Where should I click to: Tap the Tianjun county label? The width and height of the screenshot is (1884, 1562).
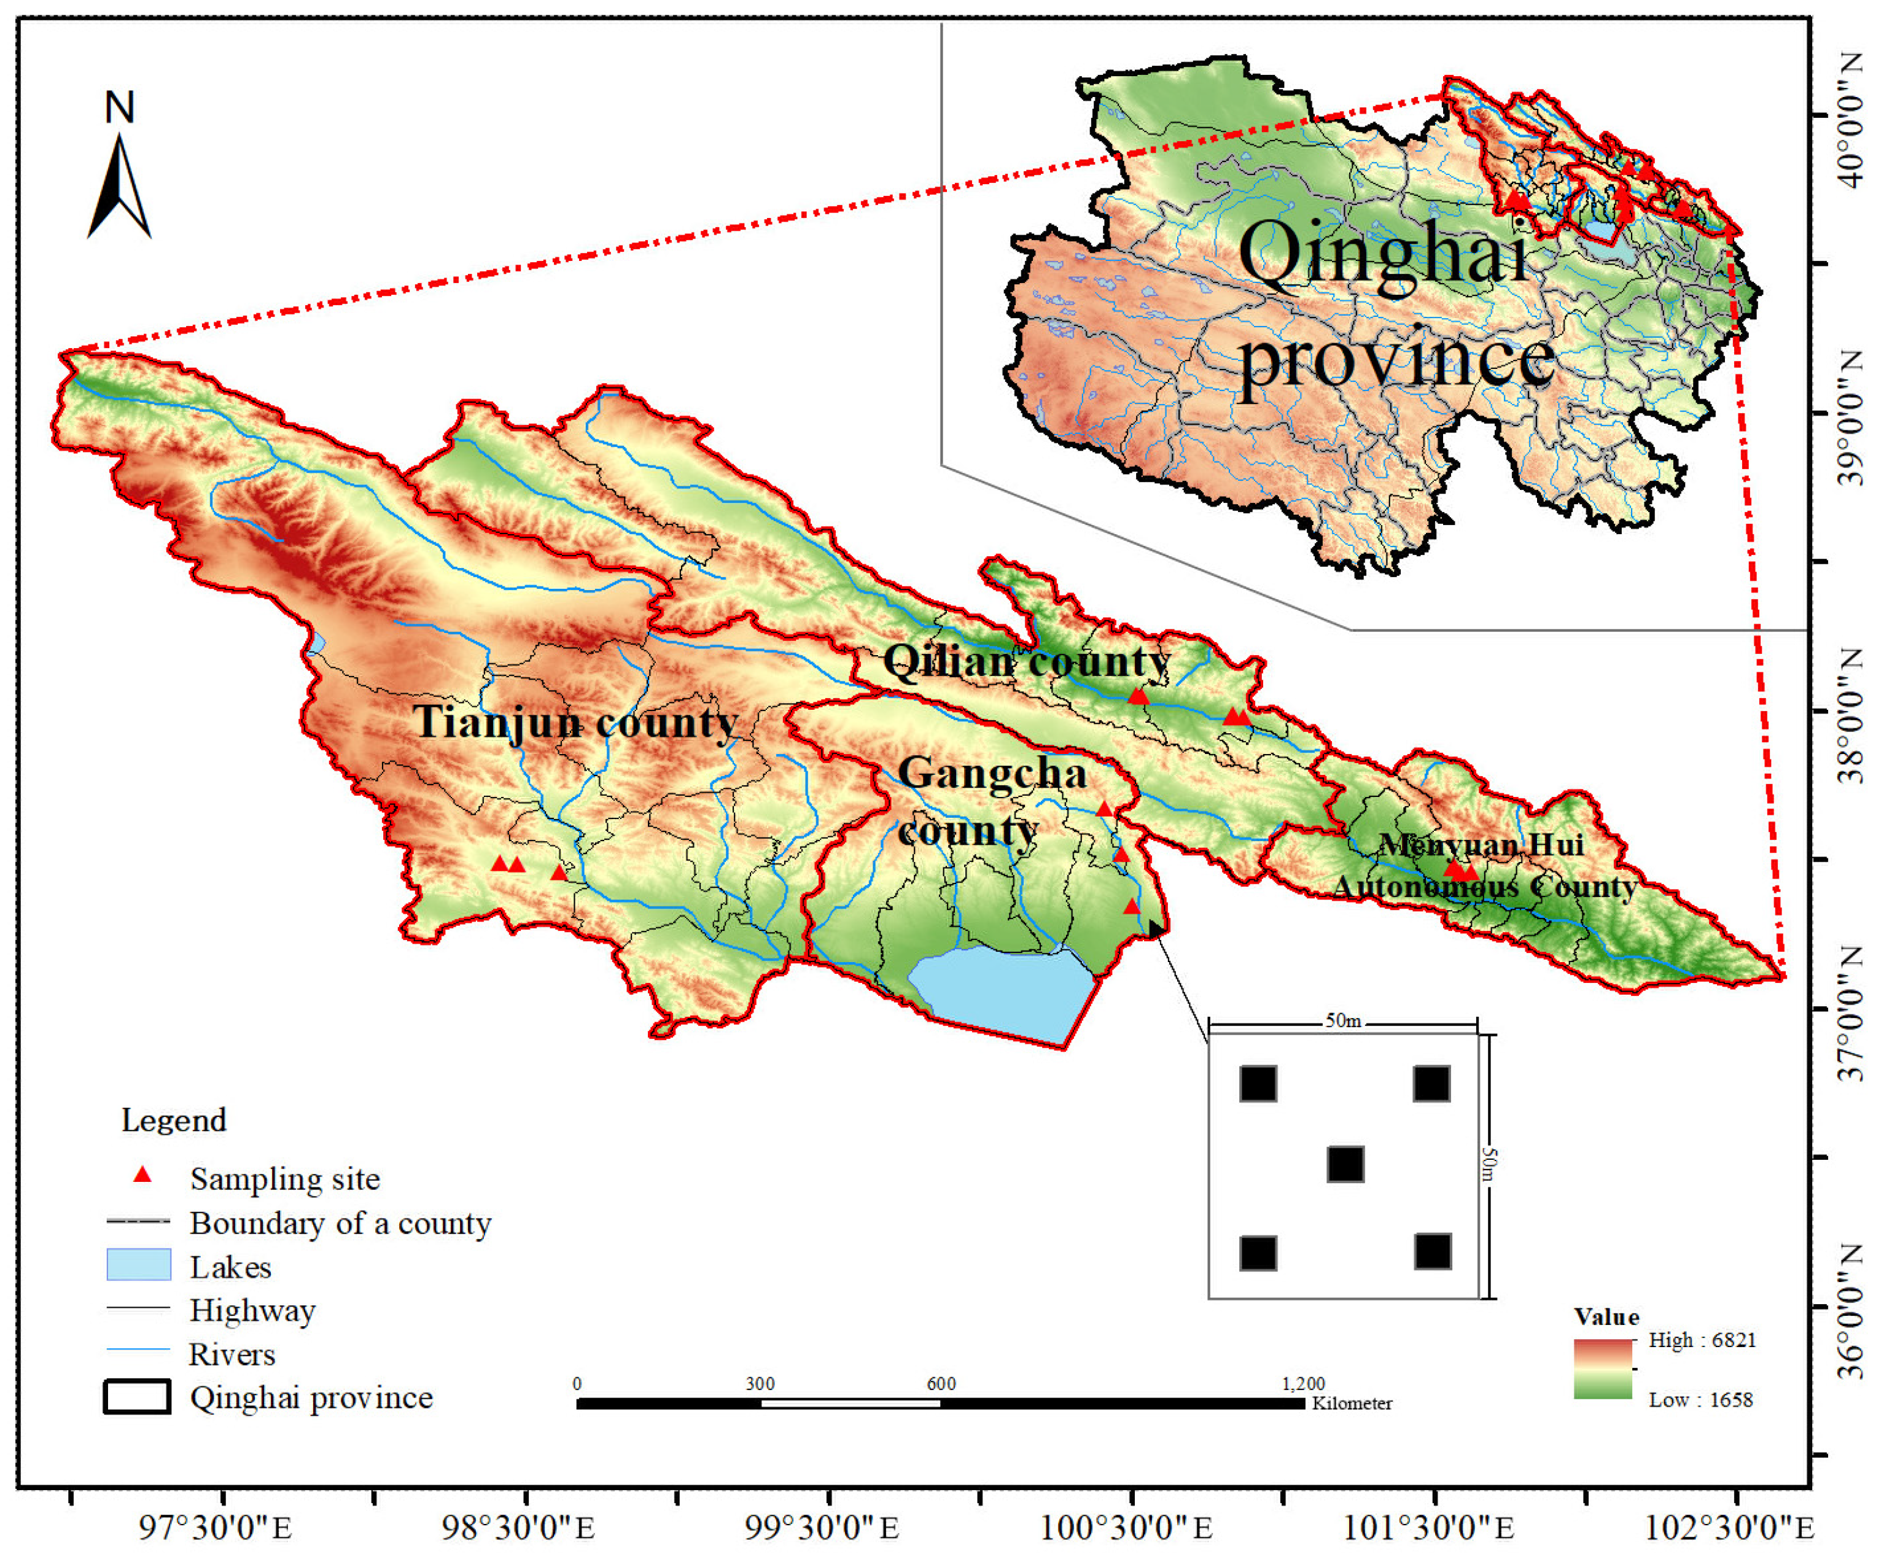[x=575, y=722]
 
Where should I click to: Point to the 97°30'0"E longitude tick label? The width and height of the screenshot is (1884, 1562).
[x=216, y=1527]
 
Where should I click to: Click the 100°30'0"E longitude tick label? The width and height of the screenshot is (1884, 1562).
[x=1126, y=1527]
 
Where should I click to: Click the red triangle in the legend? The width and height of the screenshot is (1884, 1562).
[x=142, y=1175]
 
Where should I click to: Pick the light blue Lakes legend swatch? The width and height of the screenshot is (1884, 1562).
[x=138, y=1264]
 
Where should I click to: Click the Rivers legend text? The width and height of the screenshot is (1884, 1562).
[x=232, y=1354]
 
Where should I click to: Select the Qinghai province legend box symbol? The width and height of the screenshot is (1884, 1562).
[x=136, y=1397]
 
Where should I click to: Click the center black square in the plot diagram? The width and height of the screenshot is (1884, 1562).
[x=1345, y=1164]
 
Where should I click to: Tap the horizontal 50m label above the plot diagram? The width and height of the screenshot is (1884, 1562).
[x=1343, y=1020]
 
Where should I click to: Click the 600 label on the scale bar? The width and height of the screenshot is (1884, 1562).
[x=941, y=1383]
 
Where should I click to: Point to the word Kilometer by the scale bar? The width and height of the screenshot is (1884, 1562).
[x=1351, y=1403]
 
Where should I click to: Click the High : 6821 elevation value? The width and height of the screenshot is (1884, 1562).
[x=1702, y=1340]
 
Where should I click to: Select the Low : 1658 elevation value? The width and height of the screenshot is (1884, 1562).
[x=1700, y=1400]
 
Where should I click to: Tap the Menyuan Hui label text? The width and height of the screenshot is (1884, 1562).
[x=1481, y=844]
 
